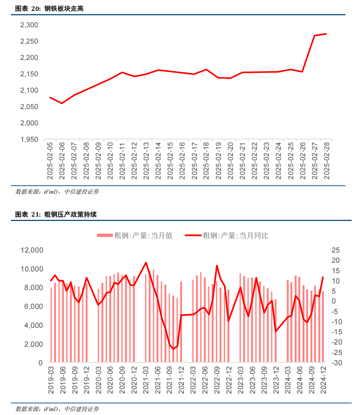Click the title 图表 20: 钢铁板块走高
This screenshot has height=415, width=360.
click(x=49, y=8)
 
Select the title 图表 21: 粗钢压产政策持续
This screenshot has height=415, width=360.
click(x=56, y=214)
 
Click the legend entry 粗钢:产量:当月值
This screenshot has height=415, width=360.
click(x=134, y=235)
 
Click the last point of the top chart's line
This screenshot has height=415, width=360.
click(x=326, y=34)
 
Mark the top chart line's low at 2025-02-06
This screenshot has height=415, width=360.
click(x=62, y=103)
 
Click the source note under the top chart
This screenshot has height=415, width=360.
click(x=57, y=192)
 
